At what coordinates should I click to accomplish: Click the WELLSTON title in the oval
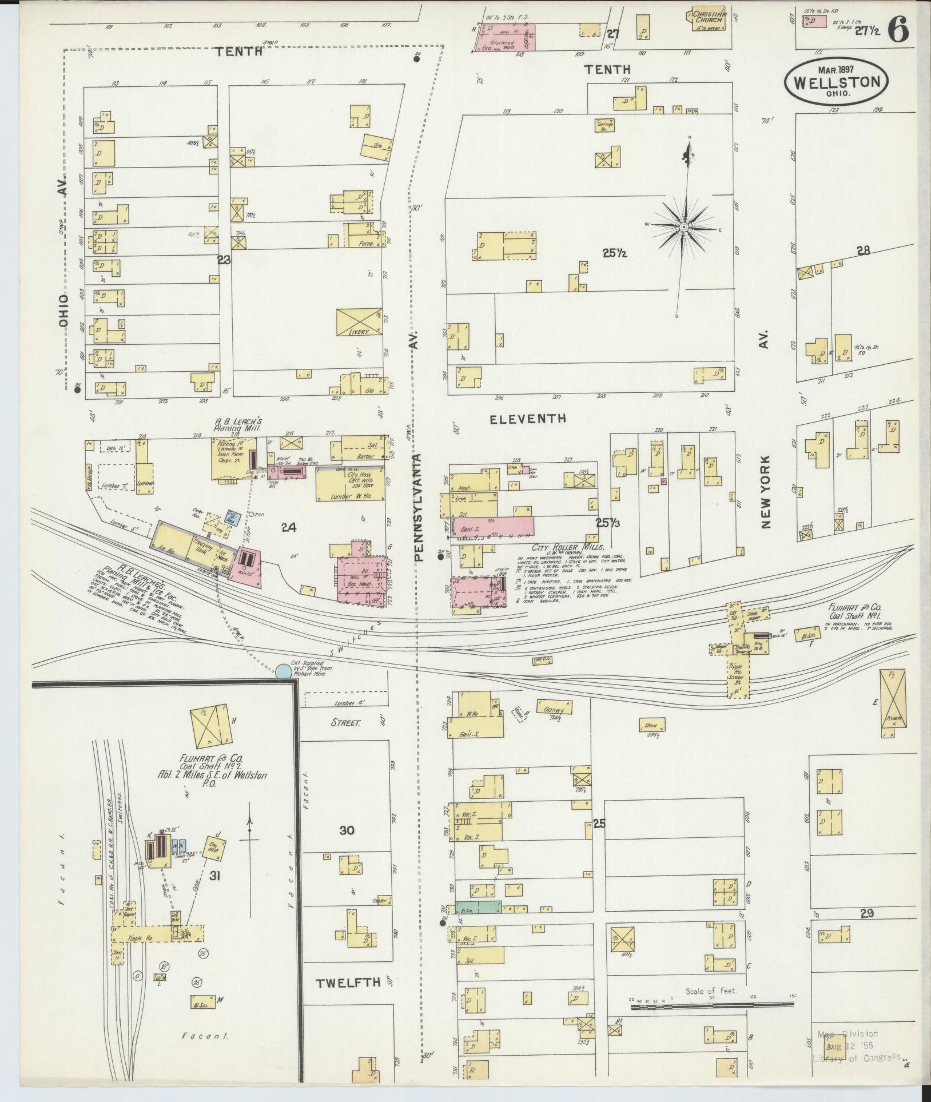[x=836, y=82]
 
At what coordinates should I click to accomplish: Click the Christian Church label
[x=710, y=17]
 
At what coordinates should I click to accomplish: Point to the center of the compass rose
[x=683, y=228]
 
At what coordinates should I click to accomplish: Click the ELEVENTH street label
[x=528, y=419]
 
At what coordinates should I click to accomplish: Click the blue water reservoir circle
[x=282, y=671]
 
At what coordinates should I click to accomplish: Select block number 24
[x=288, y=528]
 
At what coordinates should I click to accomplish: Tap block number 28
[x=863, y=250]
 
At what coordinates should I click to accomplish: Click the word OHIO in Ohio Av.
[x=63, y=311]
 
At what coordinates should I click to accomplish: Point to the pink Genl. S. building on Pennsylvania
[x=492, y=526]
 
